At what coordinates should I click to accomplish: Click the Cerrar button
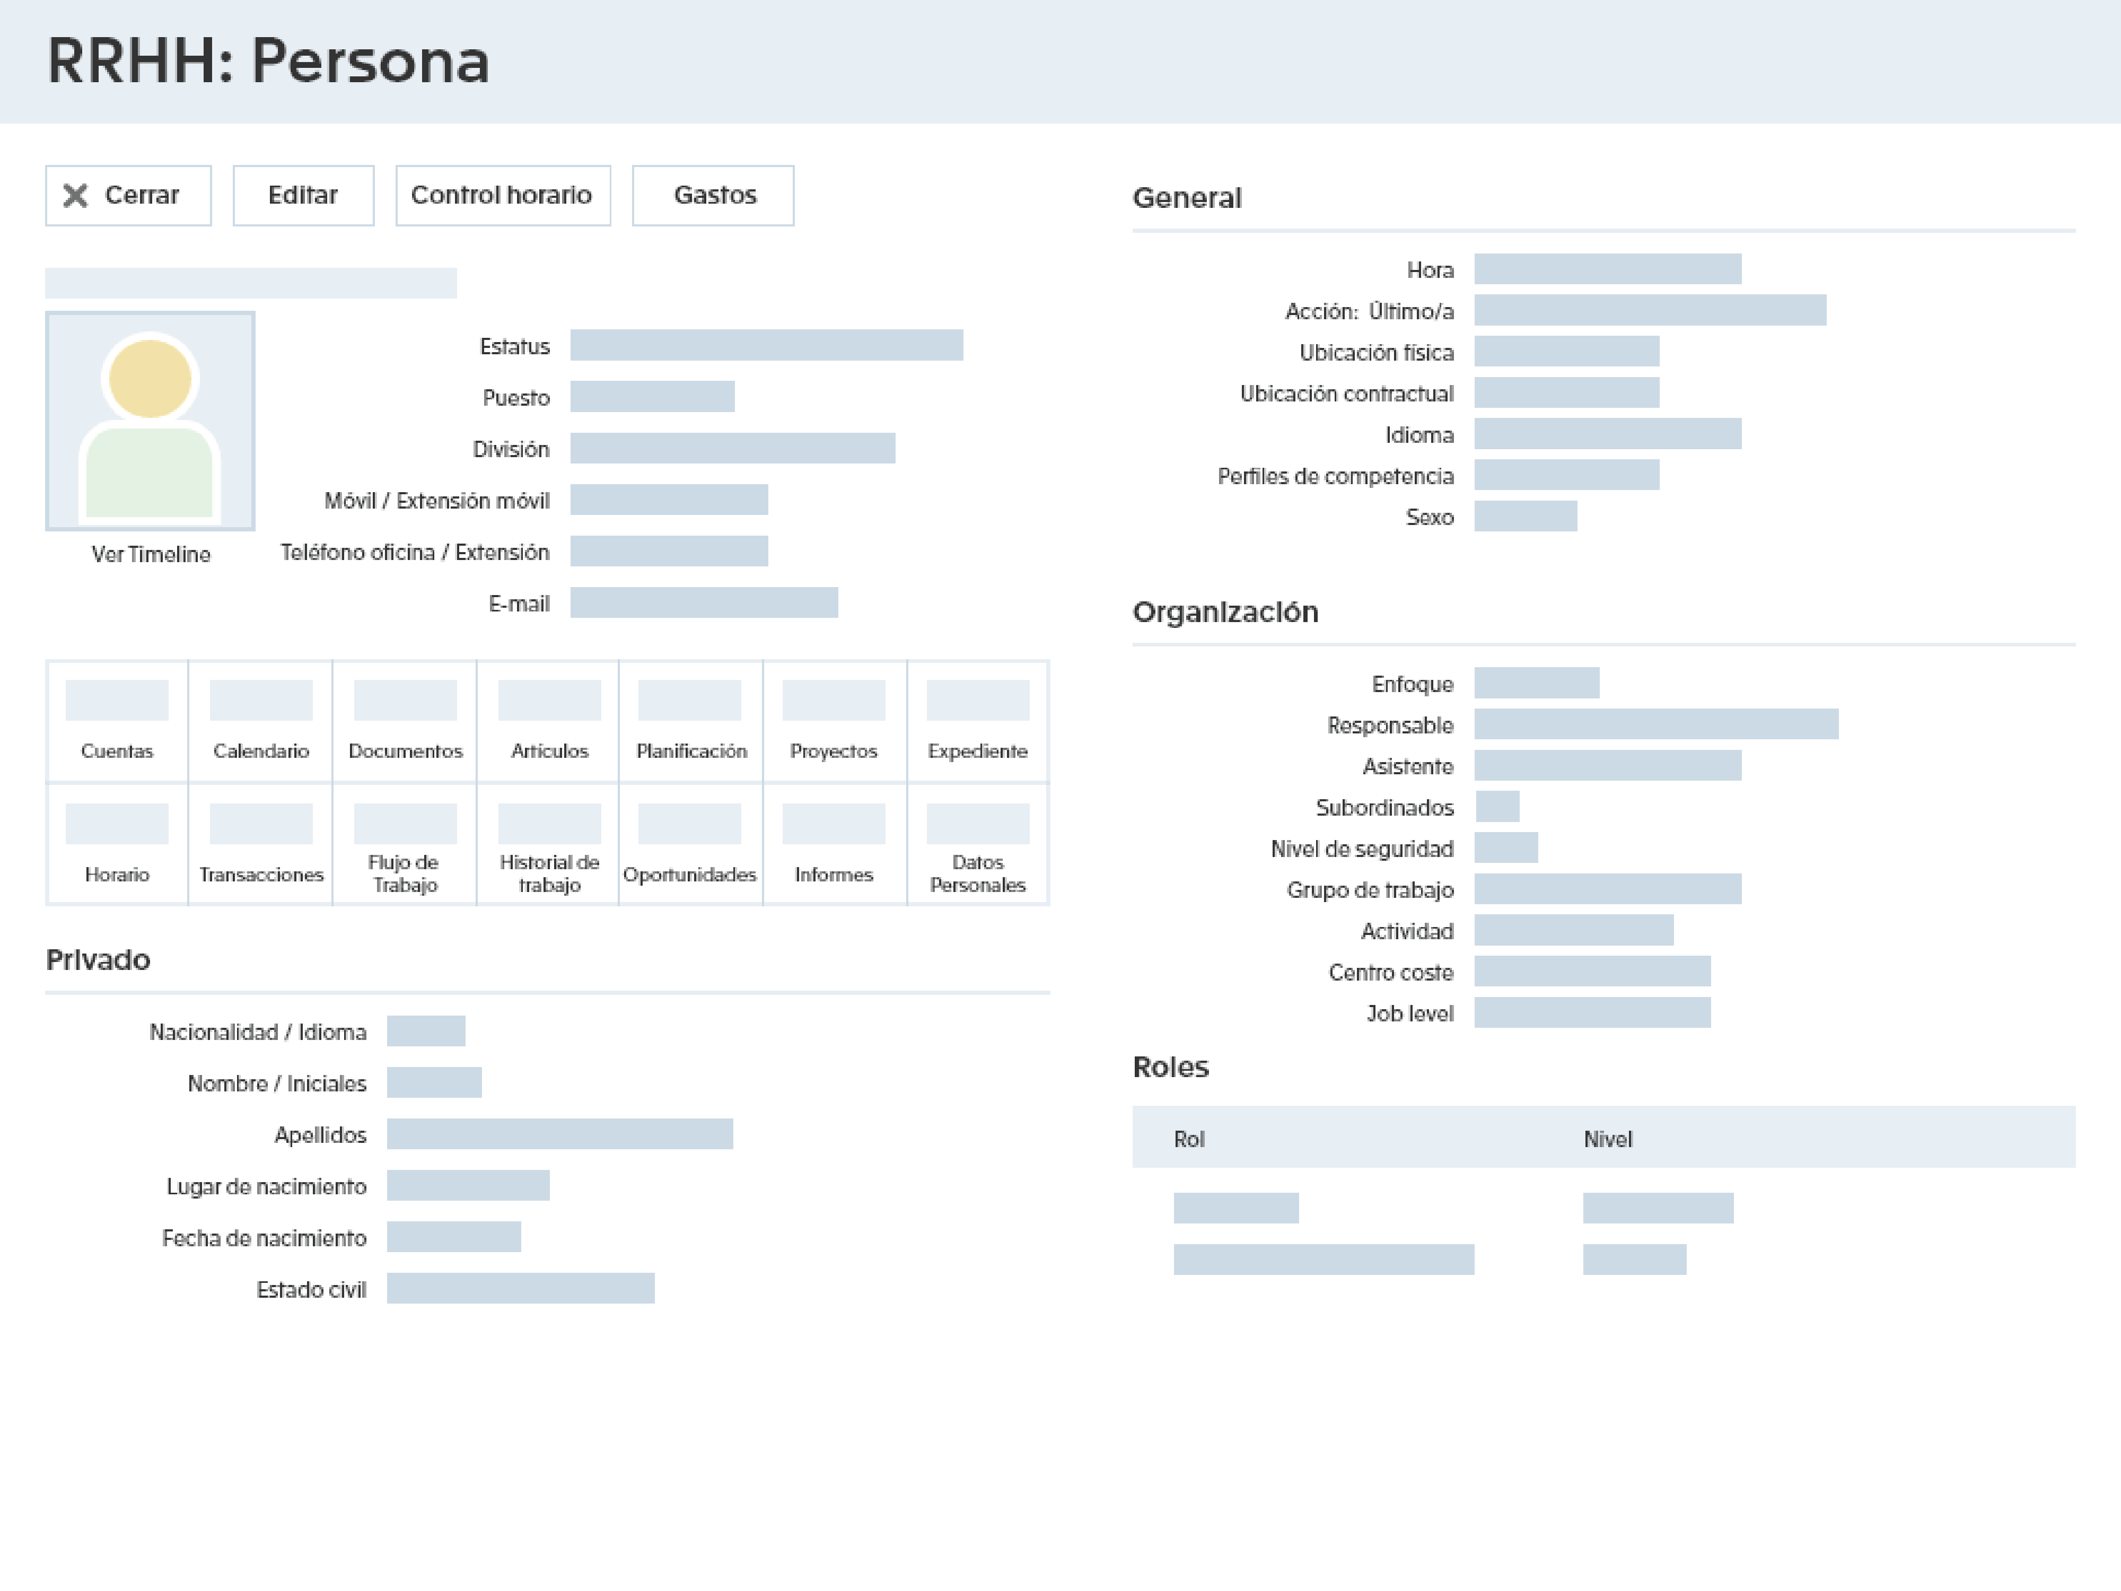coord(128,196)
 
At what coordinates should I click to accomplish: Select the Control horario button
coord(503,196)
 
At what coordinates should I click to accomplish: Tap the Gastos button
coord(713,196)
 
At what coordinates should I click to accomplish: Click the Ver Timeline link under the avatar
coord(151,554)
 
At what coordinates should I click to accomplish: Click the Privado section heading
coord(98,960)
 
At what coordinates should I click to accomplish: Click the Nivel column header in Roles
coord(1607,1139)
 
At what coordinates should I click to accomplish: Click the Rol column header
coord(1188,1139)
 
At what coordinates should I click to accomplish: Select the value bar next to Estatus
coord(766,345)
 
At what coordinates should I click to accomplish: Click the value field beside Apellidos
coord(560,1133)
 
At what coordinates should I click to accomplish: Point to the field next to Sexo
coord(1524,516)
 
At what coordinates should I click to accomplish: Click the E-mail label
coord(519,603)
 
